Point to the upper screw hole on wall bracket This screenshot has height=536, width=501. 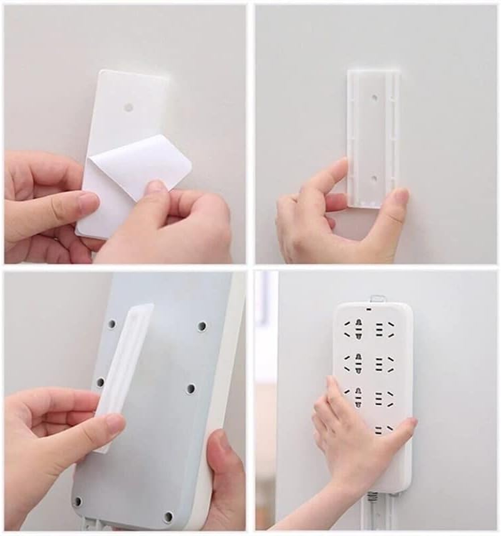(x=374, y=98)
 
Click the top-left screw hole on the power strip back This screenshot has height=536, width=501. (x=111, y=324)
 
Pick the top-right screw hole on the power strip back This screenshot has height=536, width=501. (x=202, y=327)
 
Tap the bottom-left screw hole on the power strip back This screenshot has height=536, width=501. (x=77, y=502)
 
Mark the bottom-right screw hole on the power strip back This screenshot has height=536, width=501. (x=168, y=517)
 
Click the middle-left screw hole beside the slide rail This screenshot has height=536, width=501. (x=100, y=382)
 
